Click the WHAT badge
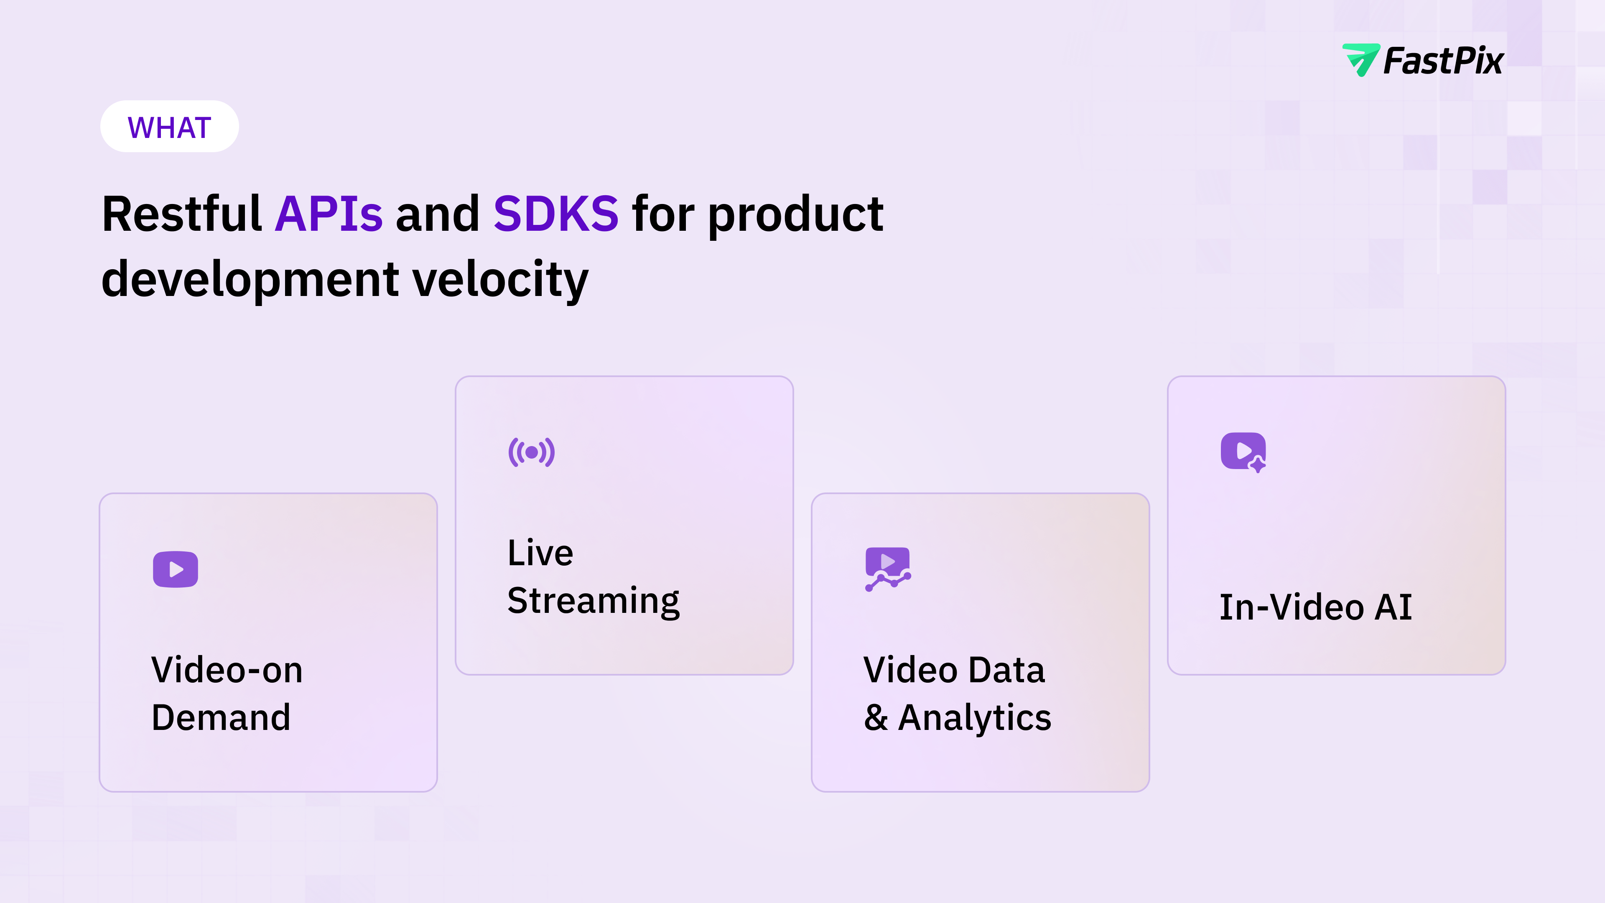pyautogui.click(x=169, y=127)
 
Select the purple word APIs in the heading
pyautogui.click(x=329, y=214)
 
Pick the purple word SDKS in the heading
pyautogui.click(x=556, y=214)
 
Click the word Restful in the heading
pyautogui.click(x=181, y=213)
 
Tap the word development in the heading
pyautogui.click(x=250, y=281)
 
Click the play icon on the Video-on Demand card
pyautogui.click(x=176, y=569)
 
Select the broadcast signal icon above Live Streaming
pyautogui.click(x=532, y=452)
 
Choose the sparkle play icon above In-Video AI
pyautogui.click(x=1243, y=452)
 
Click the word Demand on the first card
pyautogui.click(x=221, y=717)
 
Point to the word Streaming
pyautogui.click(x=593, y=602)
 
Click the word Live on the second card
pyautogui.click(x=540, y=553)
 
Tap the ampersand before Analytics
pyautogui.click(x=875, y=717)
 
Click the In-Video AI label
pyautogui.click(x=1315, y=607)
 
